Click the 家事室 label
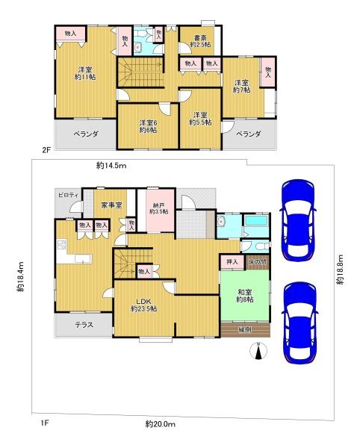112,203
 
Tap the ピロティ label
68,195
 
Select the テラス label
83,325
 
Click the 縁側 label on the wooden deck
245,329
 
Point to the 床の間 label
256,261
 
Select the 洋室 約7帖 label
240,86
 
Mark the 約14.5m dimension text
111,165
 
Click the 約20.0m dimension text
160,425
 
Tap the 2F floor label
46,150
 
